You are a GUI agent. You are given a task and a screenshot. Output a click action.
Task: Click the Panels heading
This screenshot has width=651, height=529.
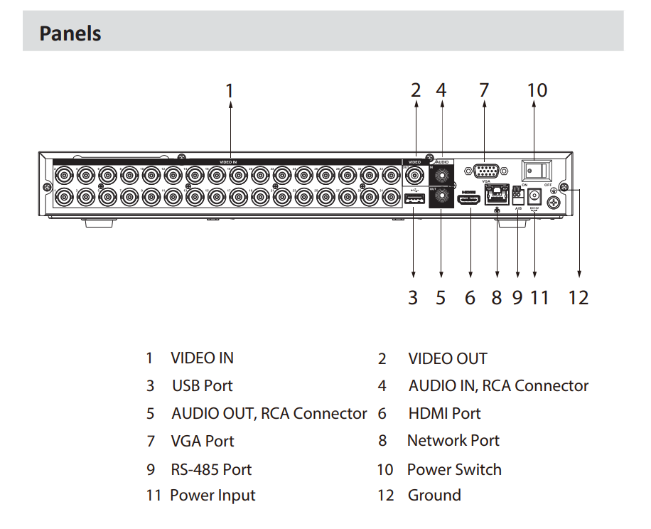[x=70, y=33]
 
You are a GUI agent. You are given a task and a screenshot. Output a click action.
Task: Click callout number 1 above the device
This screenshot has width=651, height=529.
[x=230, y=91]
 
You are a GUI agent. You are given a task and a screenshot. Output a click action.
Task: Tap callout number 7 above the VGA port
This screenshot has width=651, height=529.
[x=484, y=90]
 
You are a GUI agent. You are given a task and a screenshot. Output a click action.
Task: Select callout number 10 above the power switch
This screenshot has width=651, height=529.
[x=537, y=90]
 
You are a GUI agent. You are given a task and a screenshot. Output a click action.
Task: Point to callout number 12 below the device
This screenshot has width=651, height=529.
[x=579, y=297]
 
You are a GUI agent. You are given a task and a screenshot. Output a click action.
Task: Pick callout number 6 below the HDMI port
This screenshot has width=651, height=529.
[x=470, y=297]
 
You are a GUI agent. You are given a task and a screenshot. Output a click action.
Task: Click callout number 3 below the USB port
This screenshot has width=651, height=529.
[x=413, y=297]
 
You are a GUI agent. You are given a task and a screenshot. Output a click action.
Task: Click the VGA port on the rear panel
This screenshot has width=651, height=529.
[x=485, y=171]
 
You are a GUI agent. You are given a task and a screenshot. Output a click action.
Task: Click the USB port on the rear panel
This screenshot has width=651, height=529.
[x=413, y=201]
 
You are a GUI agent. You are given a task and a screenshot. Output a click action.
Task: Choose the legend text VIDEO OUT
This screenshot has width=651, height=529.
[x=448, y=358]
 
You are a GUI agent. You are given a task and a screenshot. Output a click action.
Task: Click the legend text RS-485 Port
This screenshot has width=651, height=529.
[x=211, y=469]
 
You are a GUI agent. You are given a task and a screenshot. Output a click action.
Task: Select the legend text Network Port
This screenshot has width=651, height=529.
[x=453, y=441]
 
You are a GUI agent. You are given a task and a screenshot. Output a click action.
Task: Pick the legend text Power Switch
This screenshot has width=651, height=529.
[x=454, y=469]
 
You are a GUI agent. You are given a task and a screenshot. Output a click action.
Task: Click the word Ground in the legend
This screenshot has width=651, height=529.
[x=434, y=496]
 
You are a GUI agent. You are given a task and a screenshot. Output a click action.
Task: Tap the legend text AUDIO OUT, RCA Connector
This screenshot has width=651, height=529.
[x=269, y=413]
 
